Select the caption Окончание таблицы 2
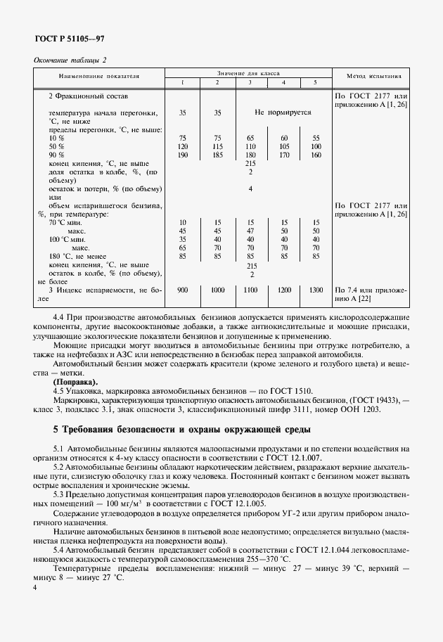click(x=70, y=60)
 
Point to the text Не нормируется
click(x=283, y=112)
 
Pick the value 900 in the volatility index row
click(x=182, y=290)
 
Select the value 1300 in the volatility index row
click(x=316, y=290)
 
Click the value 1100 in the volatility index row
click(x=250, y=290)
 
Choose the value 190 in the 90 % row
click(x=182, y=155)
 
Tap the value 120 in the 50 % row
click(x=182, y=146)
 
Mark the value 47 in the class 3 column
click(x=250, y=231)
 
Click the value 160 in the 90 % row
click(x=316, y=155)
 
